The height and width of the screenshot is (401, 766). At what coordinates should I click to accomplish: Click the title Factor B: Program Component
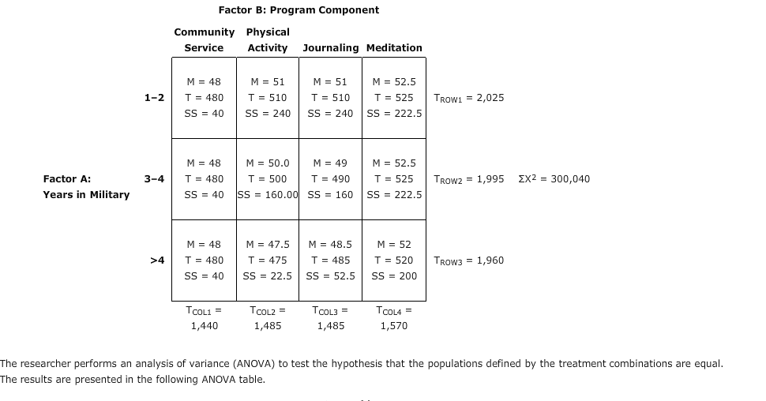pos(299,10)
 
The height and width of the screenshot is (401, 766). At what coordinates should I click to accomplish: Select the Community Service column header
pos(204,40)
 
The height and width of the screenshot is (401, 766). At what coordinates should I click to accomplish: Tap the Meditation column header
pos(394,48)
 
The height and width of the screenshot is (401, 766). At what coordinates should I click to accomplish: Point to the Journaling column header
pos(331,48)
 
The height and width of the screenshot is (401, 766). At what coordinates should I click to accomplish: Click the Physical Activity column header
pos(268,40)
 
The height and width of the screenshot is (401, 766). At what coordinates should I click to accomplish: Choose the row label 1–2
pos(155,98)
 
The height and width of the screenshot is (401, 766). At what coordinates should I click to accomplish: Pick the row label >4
pos(157,260)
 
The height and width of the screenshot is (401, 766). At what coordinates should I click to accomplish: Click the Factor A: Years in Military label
pos(86,187)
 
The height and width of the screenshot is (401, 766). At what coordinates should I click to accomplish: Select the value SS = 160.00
pos(268,194)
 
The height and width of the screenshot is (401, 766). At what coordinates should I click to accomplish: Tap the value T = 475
pos(268,260)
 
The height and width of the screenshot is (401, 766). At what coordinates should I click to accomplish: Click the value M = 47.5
pos(268,245)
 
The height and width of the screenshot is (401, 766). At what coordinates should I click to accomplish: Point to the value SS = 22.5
pos(268,275)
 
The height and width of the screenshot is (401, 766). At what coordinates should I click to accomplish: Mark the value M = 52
pos(394,245)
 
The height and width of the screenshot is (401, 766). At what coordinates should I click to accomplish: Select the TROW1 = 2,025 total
pos(469,98)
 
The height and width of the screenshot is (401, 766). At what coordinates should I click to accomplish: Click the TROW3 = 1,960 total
pos(469,260)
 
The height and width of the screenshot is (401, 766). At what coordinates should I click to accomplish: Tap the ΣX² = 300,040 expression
pos(554,179)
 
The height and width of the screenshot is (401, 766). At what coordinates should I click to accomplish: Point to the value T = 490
pos(331,178)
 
